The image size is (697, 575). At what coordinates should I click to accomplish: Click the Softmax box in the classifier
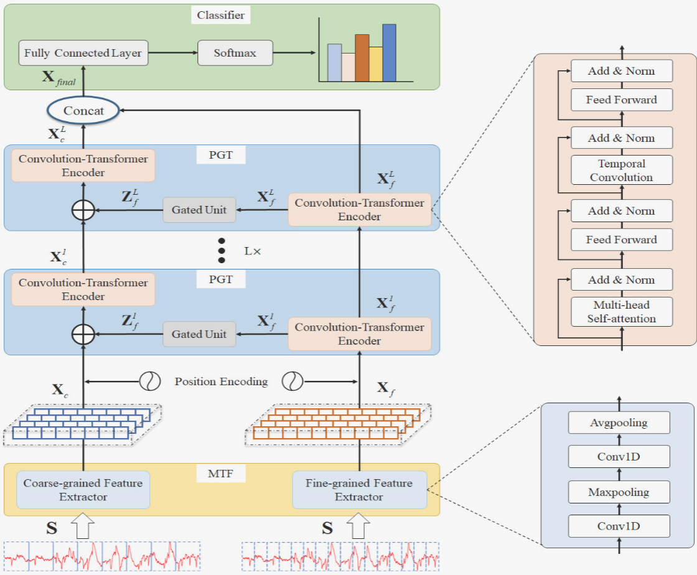(x=235, y=53)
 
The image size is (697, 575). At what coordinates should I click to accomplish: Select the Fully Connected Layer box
(x=83, y=53)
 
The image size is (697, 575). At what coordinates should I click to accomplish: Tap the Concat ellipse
(x=83, y=112)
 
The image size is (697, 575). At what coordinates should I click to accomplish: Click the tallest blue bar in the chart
(x=390, y=53)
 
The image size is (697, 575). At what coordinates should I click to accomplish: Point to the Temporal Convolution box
(x=621, y=171)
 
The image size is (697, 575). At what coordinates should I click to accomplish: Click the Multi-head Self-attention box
(x=621, y=312)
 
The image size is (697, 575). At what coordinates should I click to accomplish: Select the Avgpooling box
(x=619, y=423)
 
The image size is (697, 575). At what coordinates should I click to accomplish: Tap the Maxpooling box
(x=619, y=492)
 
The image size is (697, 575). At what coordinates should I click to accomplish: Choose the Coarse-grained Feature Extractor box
(x=83, y=490)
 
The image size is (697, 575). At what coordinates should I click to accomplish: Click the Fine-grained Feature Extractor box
(x=359, y=490)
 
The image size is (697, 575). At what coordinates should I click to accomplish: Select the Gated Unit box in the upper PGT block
(x=199, y=210)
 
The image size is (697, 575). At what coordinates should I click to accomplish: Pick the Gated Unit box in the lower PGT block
(x=199, y=334)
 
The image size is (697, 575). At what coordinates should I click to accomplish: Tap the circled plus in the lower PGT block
(x=83, y=334)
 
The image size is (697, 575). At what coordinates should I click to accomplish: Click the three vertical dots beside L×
(x=221, y=250)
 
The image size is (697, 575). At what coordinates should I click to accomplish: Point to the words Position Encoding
(x=221, y=381)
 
